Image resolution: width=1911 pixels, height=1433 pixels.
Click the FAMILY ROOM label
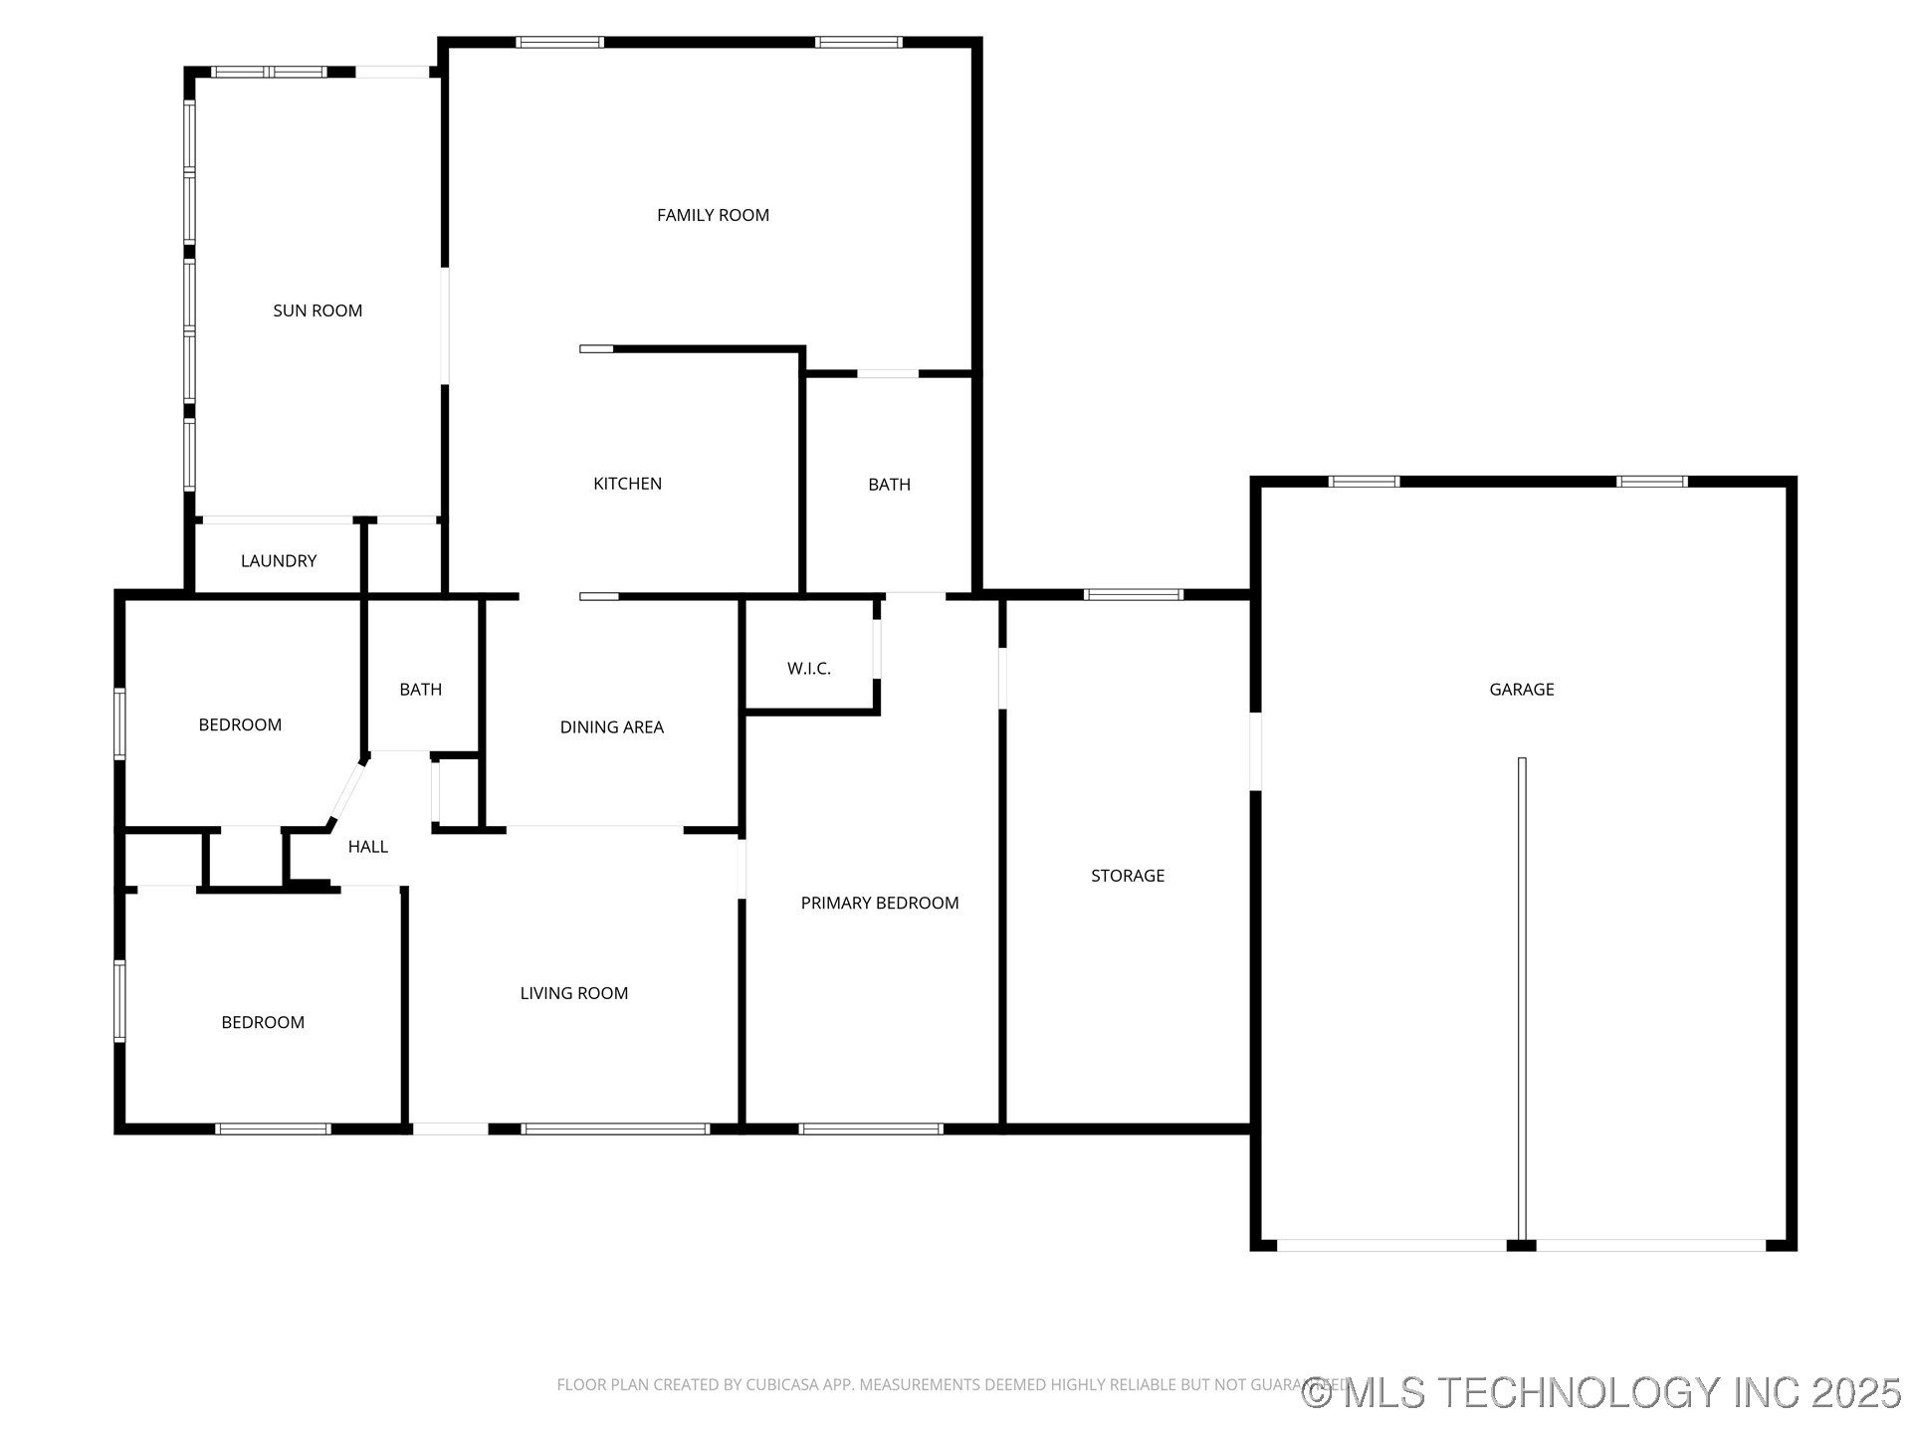713,215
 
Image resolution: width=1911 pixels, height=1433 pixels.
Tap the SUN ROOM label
318,310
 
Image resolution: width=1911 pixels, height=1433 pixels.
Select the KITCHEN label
627,484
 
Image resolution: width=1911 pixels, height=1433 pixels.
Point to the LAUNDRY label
279,561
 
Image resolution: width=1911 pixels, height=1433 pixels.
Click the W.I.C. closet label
808,669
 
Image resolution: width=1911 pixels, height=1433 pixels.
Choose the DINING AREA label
611,727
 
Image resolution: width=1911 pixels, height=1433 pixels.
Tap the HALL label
367,847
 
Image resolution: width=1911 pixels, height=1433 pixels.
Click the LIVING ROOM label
573,993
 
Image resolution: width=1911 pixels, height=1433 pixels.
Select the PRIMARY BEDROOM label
880,904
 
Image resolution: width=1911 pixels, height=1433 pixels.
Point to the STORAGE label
1127,876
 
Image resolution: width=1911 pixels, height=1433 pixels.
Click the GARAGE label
1521,690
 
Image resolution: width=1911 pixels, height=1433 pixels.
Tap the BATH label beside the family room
889,485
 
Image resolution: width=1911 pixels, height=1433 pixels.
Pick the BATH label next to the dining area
420,690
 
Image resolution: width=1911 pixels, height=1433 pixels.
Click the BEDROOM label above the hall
240,725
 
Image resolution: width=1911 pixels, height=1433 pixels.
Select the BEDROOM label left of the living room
263,1023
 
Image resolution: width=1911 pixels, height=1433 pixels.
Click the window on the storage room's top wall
1133,595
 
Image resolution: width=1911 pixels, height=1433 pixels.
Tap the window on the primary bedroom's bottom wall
870,1128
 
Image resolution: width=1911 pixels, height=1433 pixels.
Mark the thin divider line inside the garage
1521,995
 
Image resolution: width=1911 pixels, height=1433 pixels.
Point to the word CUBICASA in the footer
787,1385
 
